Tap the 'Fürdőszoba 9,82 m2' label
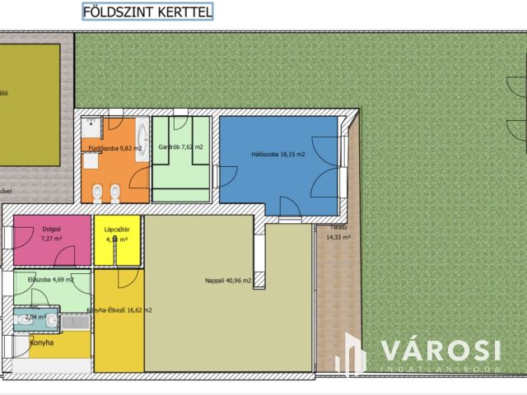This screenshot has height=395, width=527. tap(110, 148)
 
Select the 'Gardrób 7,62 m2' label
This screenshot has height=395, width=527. tap(180, 147)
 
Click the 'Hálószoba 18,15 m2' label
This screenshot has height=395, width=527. tap(277, 154)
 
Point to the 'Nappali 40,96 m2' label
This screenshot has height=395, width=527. tap(227, 280)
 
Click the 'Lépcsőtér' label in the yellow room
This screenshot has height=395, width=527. tap(116, 230)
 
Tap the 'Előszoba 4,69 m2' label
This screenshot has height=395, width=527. tap(51, 279)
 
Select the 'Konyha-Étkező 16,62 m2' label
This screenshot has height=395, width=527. tap(119, 310)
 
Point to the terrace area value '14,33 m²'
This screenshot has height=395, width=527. tap(338, 237)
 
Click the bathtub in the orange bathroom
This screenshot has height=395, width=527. tap(141, 139)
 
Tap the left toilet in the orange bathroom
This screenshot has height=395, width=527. tap(98, 193)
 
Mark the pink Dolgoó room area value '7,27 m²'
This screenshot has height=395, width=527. tap(53, 239)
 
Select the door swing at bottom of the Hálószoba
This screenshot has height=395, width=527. tap(289, 209)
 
